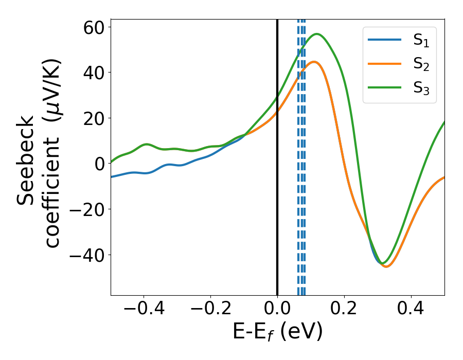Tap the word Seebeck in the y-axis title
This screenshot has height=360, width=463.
26,161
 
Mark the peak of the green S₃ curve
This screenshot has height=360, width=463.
317,34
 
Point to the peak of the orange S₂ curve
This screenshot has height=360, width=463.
314,62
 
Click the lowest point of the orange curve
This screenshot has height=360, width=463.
386,266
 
